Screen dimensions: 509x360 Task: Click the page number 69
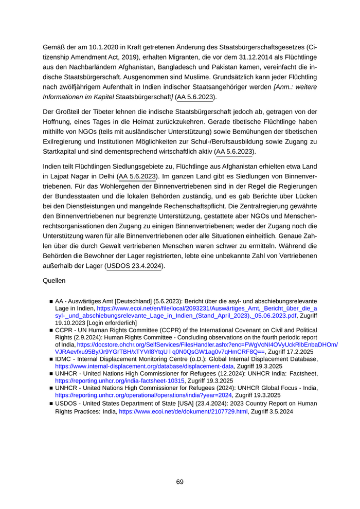(x=179, y=482)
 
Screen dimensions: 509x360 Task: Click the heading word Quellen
(x=57, y=282)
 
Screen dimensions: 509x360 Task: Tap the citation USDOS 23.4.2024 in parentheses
(x=134, y=266)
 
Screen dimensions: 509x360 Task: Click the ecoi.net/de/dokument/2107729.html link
(x=184, y=412)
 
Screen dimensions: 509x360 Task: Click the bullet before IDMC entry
(x=51, y=359)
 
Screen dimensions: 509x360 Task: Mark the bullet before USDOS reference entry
(x=51, y=404)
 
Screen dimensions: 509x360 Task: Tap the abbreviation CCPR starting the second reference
(x=64, y=330)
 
